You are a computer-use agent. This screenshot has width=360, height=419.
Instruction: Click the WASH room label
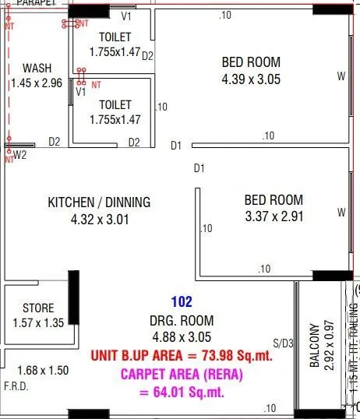point(37,68)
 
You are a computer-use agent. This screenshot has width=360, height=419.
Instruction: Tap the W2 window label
point(20,154)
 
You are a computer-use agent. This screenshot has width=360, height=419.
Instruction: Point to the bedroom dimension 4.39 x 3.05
point(251,79)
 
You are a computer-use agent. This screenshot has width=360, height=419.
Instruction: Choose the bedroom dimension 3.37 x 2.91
point(273,217)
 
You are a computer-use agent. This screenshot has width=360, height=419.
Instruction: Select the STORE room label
point(37,308)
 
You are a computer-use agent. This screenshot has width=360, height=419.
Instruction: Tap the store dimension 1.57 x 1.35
point(37,322)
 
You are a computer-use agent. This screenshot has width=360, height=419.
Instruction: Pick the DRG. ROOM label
point(180,320)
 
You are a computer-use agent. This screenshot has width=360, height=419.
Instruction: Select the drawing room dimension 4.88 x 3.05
point(180,337)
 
